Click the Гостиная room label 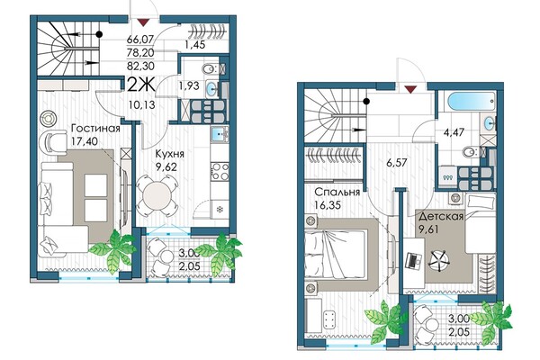(x=95, y=129)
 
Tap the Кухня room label (x=169, y=154)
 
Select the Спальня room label (x=337, y=192)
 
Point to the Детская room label (x=441, y=217)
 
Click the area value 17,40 (x=85, y=141)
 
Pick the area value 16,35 (x=328, y=205)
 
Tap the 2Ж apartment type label (x=141, y=85)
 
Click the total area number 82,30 (x=140, y=66)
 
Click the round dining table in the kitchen (x=157, y=195)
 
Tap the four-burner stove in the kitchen (x=220, y=171)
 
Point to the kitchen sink (x=220, y=134)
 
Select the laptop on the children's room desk (x=413, y=260)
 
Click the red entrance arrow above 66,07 (x=142, y=22)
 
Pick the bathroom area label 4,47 (x=454, y=132)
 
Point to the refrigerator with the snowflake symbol (x=220, y=209)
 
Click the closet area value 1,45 (x=194, y=44)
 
